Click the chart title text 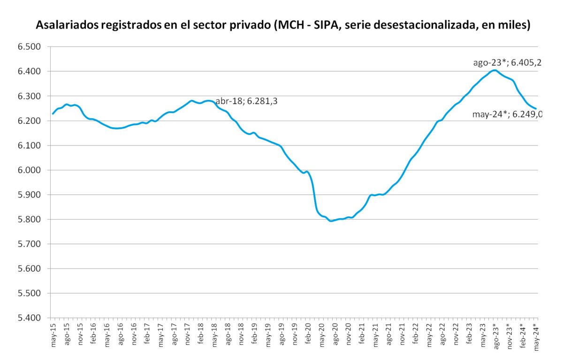pyautogui.click(x=283, y=25)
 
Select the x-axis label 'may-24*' pyautogui.click(x=535, y=335)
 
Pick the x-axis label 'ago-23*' pyautogui.click(x=495, y=335)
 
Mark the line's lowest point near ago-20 pyautogui.click(x=331, y=221)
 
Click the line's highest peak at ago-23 pyautogui.click(x=495, y=70)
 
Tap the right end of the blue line pyautogui.click(x=536, y=109)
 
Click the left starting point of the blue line pyautogui.click(x=53, y=114)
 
